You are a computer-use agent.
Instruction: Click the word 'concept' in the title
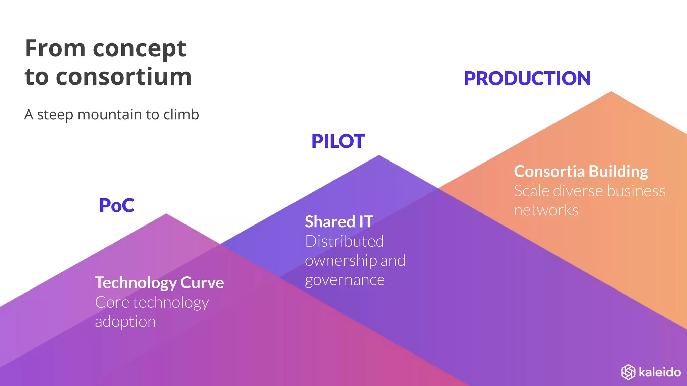[x=139, y=49]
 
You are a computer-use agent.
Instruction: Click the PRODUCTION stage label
[x=527, y=79]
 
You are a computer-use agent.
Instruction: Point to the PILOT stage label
[x=338, y=141]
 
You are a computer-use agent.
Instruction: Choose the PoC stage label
[x=117, y=205]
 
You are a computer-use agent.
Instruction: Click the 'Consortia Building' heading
[x=581, y=172]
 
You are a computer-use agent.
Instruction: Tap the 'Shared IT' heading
[x=339, y=222]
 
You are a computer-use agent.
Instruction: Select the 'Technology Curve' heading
[x=159, y=283]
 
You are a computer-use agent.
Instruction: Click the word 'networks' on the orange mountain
[x=546, y=210]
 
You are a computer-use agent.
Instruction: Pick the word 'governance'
[x=345, y=280]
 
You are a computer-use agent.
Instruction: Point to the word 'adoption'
[x=125, y=322]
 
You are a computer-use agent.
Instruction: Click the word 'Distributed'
[x=344, y=241]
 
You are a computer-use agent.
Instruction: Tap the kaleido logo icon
[x=628, y=372]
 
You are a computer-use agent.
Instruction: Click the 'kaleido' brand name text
[x=659, y=372]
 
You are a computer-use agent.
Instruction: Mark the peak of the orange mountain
[x=611, y=92]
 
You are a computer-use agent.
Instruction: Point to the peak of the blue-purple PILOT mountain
[x=379, y=155]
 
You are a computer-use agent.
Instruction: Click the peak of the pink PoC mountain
[x=166, y=214]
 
